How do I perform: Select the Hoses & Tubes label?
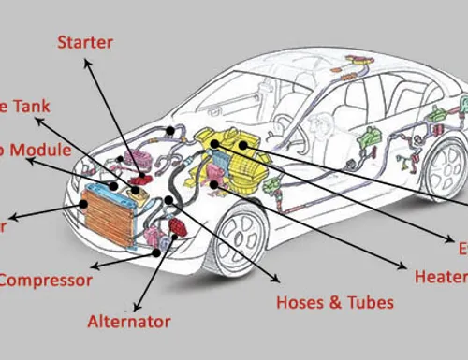(x=335, y=302)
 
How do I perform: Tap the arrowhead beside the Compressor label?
(x=94, y=264)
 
